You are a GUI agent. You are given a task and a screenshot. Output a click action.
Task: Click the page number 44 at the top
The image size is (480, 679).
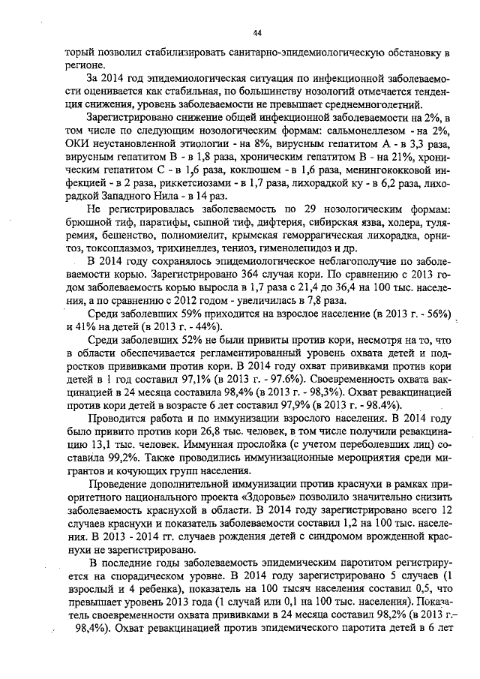pos(256,33)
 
